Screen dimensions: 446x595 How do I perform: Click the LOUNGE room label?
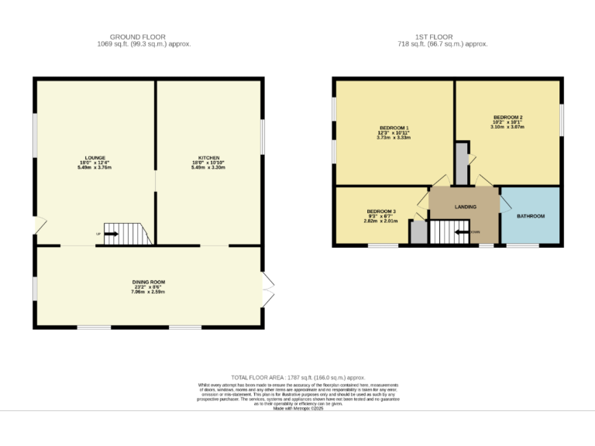click(x=96, y=157)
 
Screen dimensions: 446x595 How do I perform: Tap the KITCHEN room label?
click(x=209, y=157)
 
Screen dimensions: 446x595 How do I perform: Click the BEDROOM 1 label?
click(x=394, y=128)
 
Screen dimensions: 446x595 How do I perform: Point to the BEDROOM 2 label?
click(x=507, y=117)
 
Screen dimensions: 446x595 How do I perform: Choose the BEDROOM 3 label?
click(x=382, y=211)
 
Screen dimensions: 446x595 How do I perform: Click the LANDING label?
click(x=466, y=207)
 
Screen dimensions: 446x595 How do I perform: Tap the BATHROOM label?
click(x=531, y=216)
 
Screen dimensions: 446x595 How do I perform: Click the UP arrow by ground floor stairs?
click(x=111, y=233)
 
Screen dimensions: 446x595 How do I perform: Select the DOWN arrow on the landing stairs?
click(x=463, y=232)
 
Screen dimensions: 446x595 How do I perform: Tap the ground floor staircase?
click(x=126, y=234)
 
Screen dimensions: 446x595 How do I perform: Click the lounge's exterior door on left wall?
click(x=37, y=226)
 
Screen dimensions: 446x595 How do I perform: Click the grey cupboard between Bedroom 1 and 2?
click(x=462, y=163)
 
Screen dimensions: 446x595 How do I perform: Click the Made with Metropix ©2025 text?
click(x=297, y=408)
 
